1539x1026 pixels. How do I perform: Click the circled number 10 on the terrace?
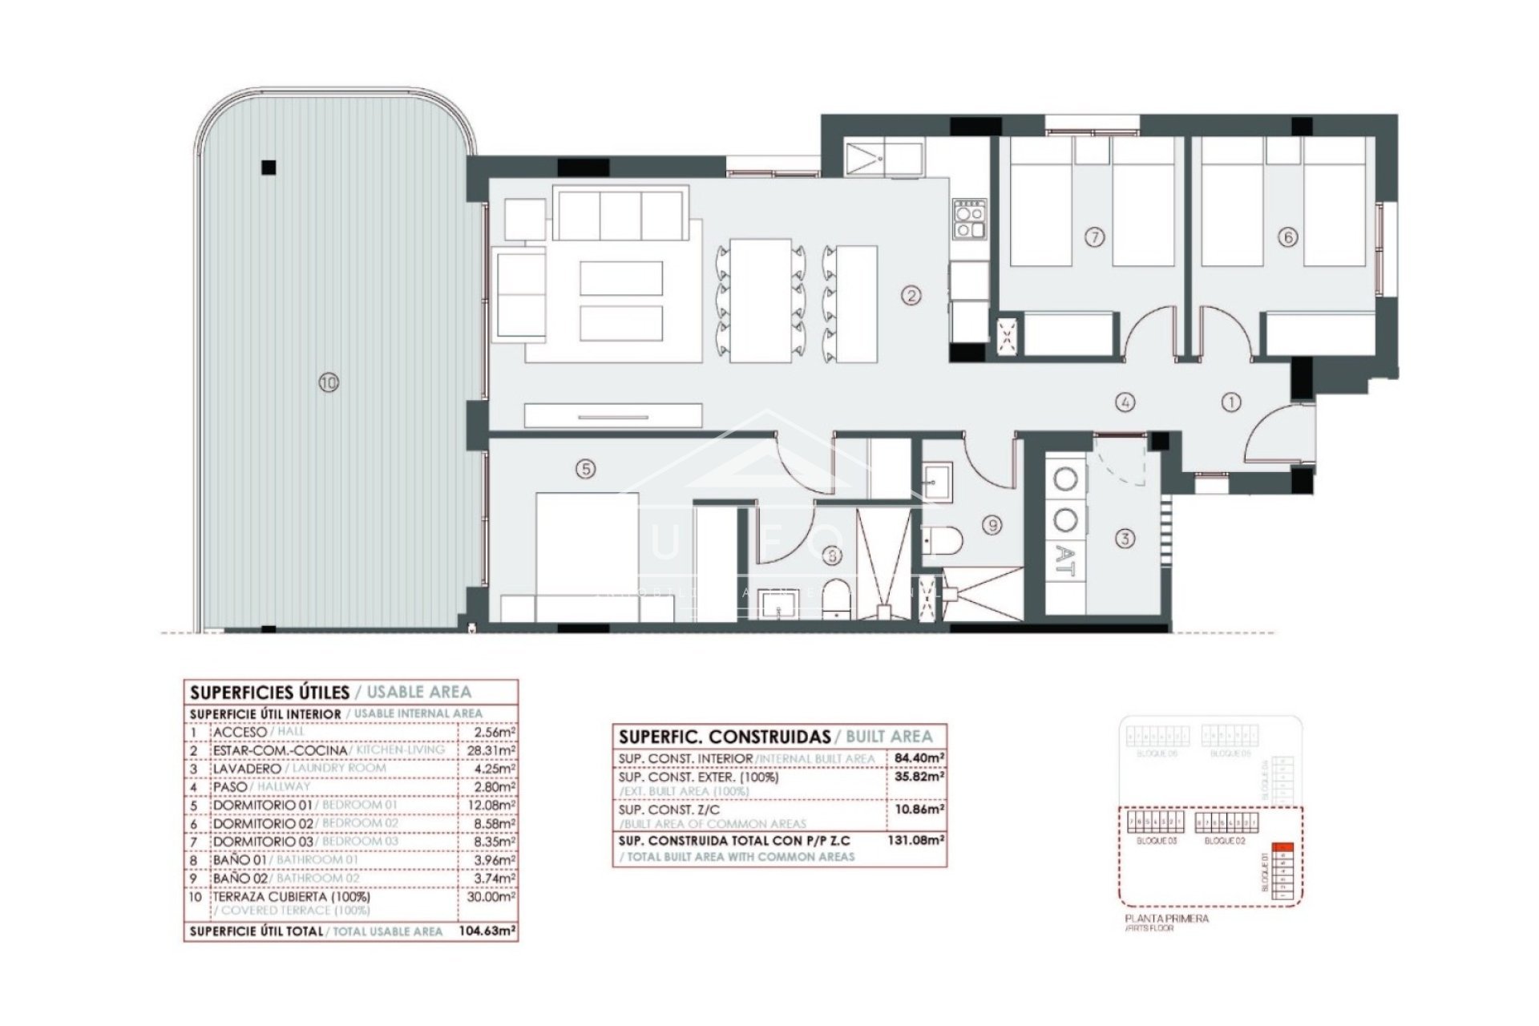point(328,383)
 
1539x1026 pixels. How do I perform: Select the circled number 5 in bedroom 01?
point(586,469)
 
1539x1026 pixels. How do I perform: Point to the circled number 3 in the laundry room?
point(1125,539)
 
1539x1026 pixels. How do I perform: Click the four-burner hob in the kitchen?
point(967,219)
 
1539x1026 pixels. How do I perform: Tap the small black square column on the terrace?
point(269,168)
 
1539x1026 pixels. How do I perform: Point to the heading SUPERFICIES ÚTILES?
point(269,692)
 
